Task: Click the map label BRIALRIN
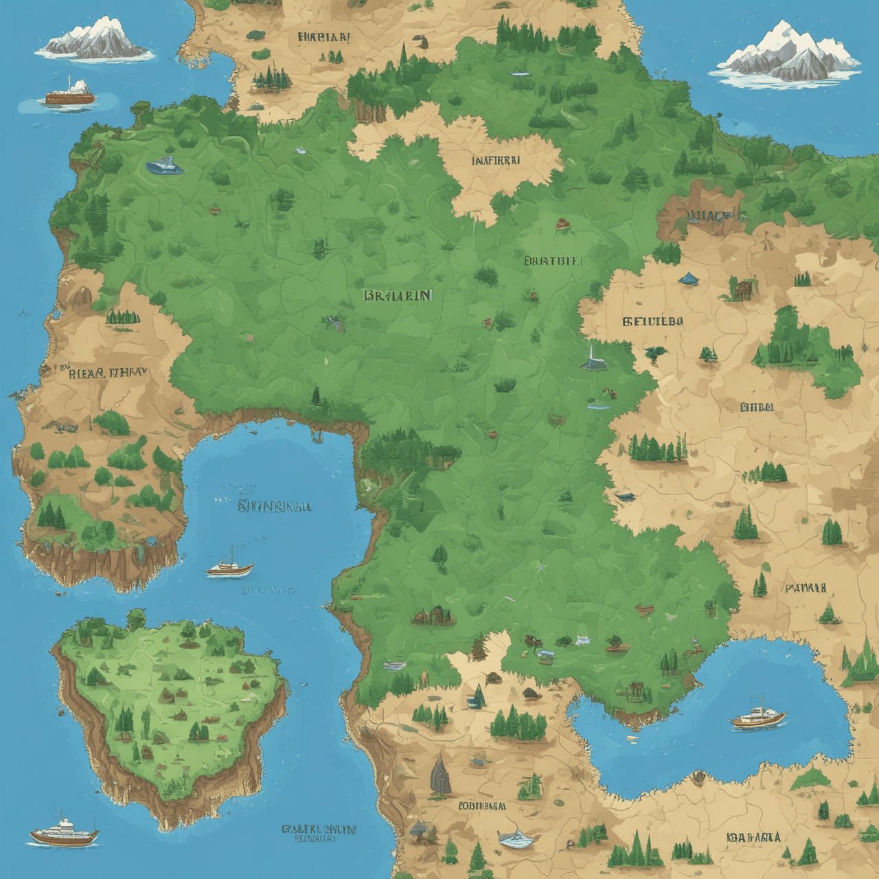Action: tap(398, 295)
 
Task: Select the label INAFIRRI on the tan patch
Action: tap(496, 160)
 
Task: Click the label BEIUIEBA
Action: tap(653, 321)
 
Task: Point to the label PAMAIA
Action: tap(806, 588)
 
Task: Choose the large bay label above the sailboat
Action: tap(274, 507)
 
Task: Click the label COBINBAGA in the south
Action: tap(482, 806)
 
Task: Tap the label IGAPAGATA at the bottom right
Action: tap(753, 837)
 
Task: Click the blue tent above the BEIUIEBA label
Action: tap(687, 279)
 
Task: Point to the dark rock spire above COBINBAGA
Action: tap(439, 773)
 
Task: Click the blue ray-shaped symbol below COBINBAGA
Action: tap(516, 837)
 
